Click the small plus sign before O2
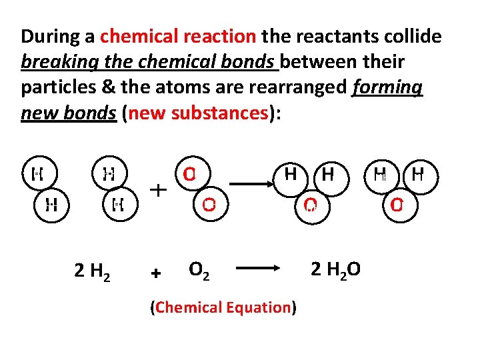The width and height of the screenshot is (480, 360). point(156,273)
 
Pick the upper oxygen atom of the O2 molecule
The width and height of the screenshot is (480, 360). point(190,175)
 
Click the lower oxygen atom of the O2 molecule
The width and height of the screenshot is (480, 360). point(209,204)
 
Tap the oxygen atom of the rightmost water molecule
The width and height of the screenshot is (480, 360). point(397,204)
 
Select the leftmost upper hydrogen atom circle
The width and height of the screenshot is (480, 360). point(38,175)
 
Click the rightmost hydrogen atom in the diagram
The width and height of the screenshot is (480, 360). point(418,175)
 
